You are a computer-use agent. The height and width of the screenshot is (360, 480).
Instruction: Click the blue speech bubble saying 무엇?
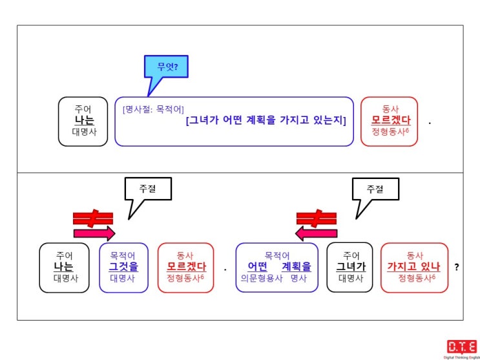pos(166,67)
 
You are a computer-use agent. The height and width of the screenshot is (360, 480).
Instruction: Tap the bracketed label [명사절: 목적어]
pos(153,109)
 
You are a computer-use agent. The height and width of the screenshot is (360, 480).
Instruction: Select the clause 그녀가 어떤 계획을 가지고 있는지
pos(266,121)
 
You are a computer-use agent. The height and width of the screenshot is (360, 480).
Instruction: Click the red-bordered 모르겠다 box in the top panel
pos(389,122)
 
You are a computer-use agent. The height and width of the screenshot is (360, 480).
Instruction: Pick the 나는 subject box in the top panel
pos(83,122)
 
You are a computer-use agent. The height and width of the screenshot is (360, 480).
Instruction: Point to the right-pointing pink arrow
pos(94,234)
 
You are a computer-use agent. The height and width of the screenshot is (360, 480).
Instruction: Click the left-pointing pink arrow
pos(316,234)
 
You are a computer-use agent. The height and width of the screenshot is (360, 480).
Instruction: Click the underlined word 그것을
pos(123,266)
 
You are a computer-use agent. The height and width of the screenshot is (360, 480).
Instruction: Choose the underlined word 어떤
pos(258,266)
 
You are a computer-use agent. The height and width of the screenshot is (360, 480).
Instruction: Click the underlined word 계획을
pos(297,266)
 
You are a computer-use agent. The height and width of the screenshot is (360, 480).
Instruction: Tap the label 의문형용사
pos(262,279)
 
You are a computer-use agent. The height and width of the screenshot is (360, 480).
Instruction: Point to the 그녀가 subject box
pos(350,268)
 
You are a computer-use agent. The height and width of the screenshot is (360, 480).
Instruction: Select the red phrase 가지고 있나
pos(413,267)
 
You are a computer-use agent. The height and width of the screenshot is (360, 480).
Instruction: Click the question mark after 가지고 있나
pos(457,267)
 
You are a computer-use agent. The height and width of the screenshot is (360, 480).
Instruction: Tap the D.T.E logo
pos(462,348)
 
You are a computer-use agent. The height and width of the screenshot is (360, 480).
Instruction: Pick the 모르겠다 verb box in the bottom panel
pos(186,268)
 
